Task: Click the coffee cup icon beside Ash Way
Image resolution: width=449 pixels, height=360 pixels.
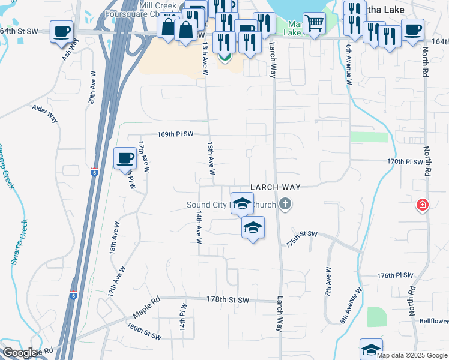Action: tap(61, 31)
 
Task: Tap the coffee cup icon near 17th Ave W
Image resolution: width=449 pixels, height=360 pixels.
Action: tap(125, 158)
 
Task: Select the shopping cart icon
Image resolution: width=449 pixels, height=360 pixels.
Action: tap(314, 23)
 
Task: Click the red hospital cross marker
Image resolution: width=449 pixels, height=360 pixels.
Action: tap(423, 206)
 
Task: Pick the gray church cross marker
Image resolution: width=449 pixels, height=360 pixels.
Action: tap(285, 205)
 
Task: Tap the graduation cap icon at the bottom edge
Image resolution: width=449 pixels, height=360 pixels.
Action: tap(371, 349)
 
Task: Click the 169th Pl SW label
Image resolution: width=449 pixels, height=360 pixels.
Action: tap(175, 134)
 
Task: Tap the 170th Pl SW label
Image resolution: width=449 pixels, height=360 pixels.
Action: tap(405, 161)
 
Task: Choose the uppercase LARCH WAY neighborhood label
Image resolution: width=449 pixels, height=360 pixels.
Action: tap(275, 187)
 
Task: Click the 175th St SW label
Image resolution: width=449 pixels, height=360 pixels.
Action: tap(301, 233)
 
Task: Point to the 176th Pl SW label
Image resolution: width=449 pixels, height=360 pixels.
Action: tap(395, 275)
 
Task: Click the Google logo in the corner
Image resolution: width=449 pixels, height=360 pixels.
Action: tap(20, 353)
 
